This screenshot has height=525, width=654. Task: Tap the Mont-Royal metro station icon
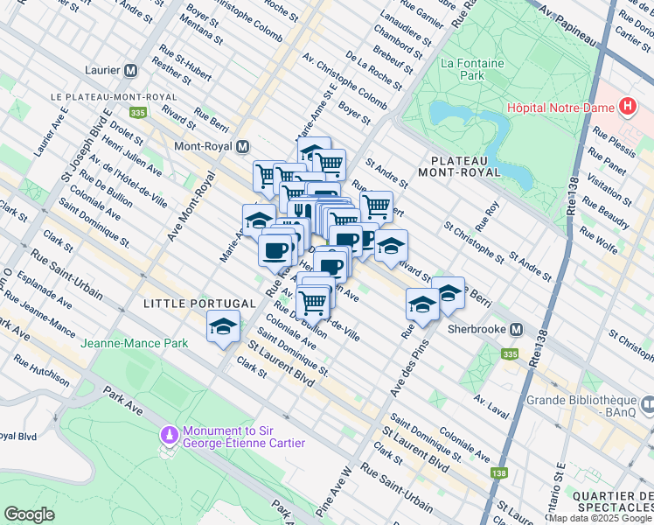[x=242, y=146]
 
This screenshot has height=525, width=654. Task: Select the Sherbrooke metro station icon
[x=517, y=330]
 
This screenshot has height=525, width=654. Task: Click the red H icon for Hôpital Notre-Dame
[x=626, y=108]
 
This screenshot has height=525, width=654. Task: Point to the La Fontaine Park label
[x=463, y=70]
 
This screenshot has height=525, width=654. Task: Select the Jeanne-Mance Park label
[x=135, y=344]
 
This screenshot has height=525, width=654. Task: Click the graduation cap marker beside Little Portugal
[x=223, y=327]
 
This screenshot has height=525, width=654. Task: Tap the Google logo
[x=29, y=514]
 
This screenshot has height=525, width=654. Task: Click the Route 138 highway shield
[x=499, y=473]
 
